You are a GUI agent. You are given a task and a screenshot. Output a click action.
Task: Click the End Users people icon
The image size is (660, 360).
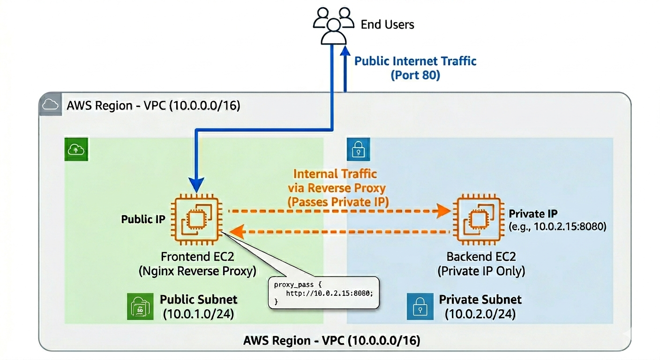click(x=334, y=26)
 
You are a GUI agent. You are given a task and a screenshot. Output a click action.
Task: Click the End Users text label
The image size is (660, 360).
click(x=388, y=24)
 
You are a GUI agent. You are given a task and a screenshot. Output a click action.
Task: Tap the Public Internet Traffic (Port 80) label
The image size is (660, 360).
click(x=415, y=68)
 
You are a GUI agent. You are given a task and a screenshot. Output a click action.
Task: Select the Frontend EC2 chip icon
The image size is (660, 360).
click(x=196, y=219)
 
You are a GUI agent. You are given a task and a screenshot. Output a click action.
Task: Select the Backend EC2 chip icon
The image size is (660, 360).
click(x=479, y=219)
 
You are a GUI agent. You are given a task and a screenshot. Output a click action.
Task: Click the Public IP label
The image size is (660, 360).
click(x=143, y=219)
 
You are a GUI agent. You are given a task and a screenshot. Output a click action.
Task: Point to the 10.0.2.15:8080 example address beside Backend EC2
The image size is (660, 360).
click(x=557, y=226)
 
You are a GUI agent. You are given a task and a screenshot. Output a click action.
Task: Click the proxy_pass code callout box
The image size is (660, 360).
click(x=323, y=292)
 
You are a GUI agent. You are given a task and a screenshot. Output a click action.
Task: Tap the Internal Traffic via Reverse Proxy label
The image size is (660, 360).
click(x=337, y=188)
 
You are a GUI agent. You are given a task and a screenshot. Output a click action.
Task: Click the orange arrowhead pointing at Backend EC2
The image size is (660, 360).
click(x=444, y=211)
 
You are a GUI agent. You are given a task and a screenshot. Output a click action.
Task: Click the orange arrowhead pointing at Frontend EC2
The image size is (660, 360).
click(x=237, y=232)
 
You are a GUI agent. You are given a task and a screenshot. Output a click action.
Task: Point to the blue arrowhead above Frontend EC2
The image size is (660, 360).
click(x=196, y=185)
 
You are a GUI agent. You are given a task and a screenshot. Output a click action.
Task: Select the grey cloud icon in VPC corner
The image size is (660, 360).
click(x=50, y=104)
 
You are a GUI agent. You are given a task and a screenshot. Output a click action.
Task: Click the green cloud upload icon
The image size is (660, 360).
click(x=76, y=150)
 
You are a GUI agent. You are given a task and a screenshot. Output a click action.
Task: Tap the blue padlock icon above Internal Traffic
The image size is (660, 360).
click(x=358, y=150)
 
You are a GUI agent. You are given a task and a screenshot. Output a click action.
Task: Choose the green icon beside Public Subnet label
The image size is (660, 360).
click(x=140, y=307)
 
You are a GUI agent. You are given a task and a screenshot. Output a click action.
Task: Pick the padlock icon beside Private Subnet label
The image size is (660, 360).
click(x=420, y=307)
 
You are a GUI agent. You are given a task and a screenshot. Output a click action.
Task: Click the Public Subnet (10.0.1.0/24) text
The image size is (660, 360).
click(x=199, y=307)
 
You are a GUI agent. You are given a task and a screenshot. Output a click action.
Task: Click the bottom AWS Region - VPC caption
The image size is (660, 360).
click(x=332, y=341)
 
